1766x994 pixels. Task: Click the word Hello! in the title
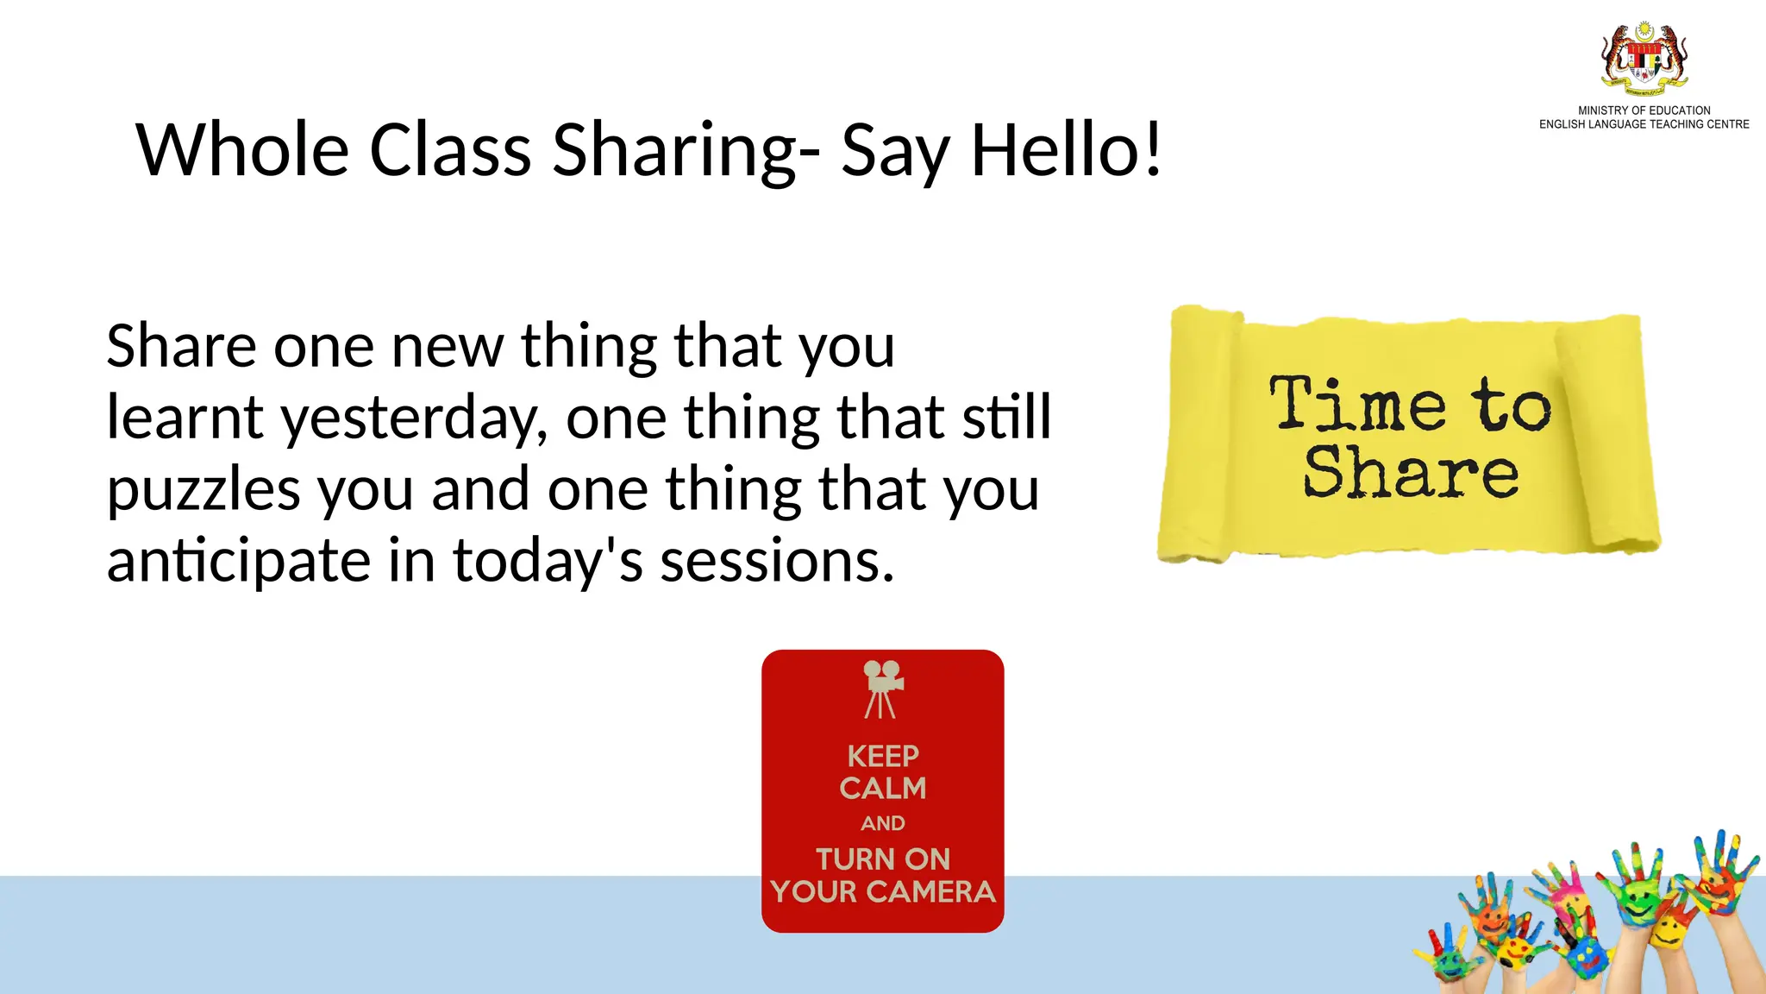coord(1068,150)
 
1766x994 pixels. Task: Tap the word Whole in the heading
coord(242,150)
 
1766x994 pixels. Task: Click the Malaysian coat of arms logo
coord(1644,59)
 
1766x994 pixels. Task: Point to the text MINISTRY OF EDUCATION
coord(1644,110)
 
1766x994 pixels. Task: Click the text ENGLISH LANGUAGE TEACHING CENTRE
coord(1644,124)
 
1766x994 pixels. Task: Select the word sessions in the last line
coord(776,561)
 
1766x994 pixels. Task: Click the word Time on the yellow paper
coord(1357,404)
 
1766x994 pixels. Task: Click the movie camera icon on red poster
coord(882,689)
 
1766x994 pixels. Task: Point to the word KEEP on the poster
coord(883,757)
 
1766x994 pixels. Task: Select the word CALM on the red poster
coord(883,789)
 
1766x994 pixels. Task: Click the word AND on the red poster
coord(883,823)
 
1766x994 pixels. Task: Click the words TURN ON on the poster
coord(883,859)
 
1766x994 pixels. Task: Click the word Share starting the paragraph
coord(181,347)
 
